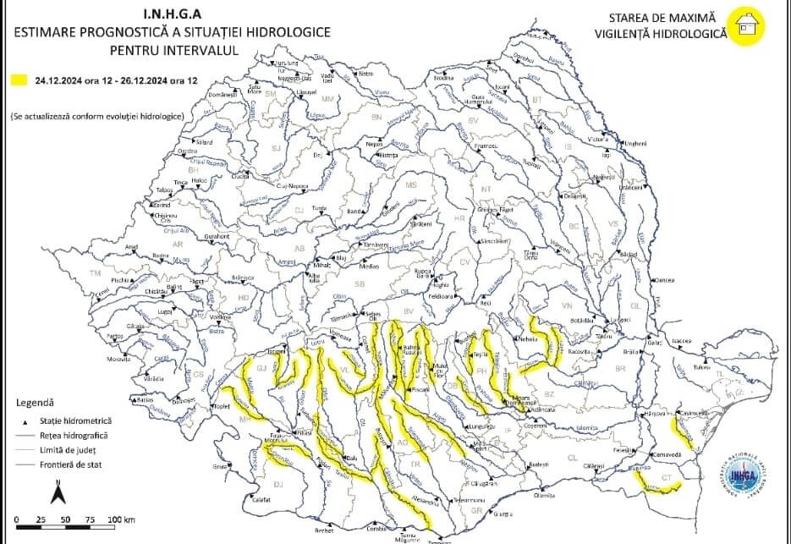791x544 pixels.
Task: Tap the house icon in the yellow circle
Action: click(x=748, y=25)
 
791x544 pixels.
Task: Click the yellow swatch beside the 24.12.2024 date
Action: click(x=19, y=80)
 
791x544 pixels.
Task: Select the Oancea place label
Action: click(x=666, y=280)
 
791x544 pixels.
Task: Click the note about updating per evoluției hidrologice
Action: click(x=97, y=113)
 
